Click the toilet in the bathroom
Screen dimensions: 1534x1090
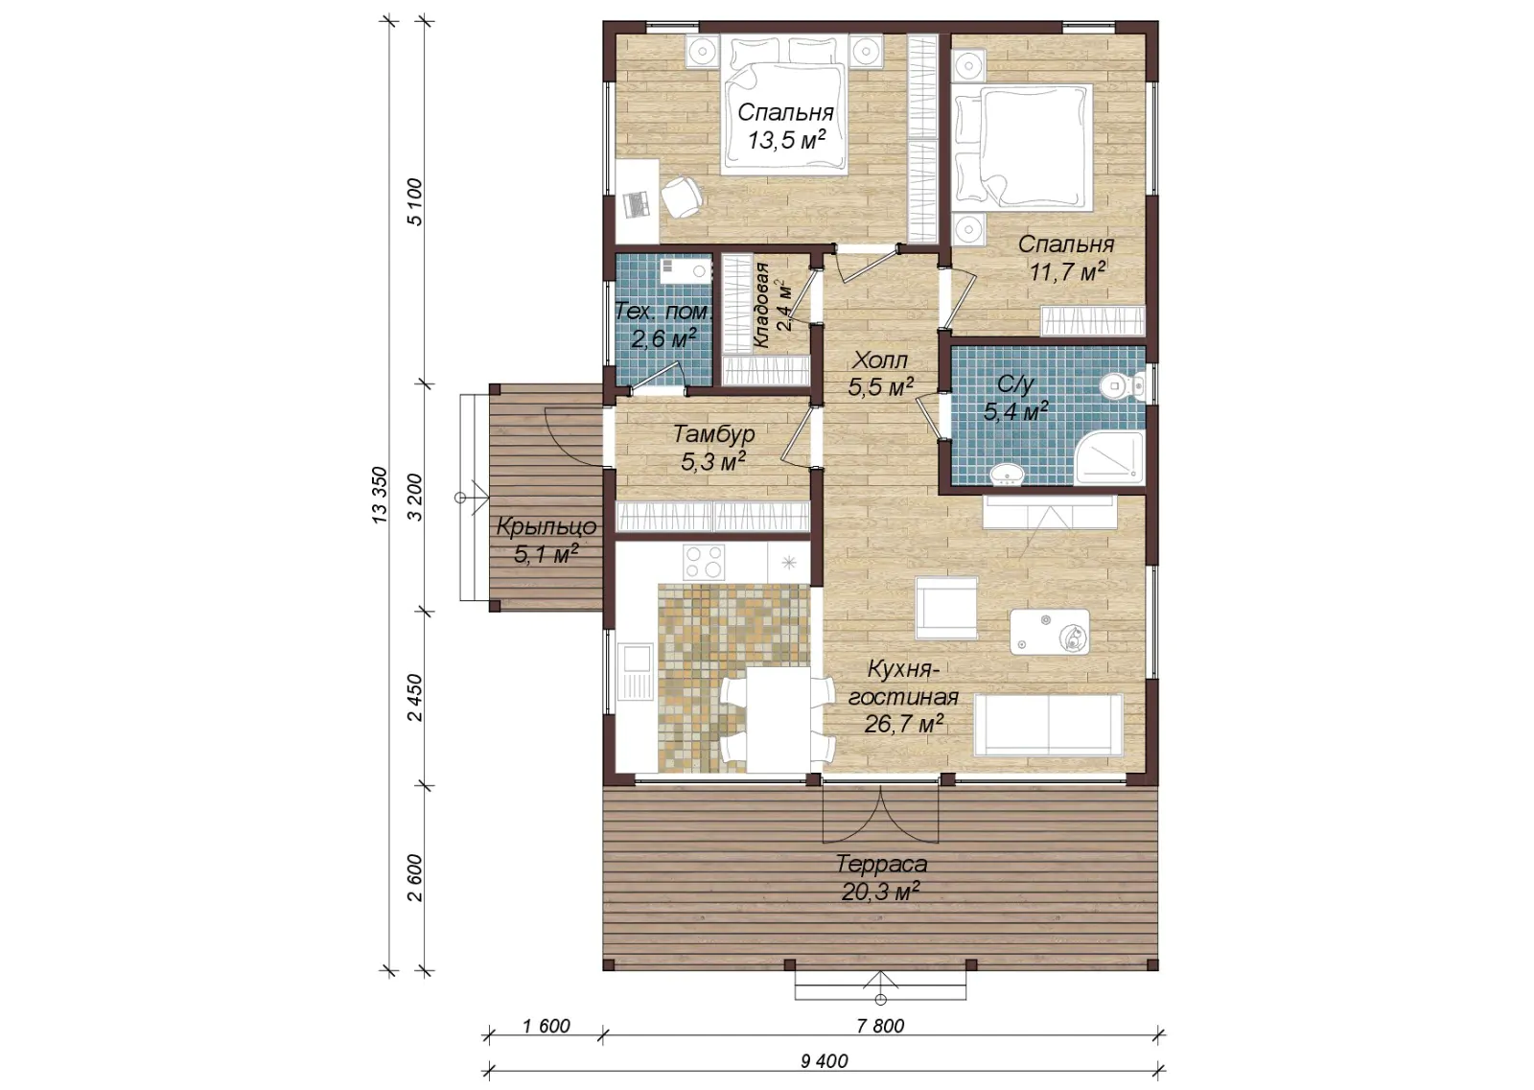click(1122, 386)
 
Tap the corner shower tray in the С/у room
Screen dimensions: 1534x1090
click(1108, 458)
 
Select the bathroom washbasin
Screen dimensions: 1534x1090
click(1008, 475)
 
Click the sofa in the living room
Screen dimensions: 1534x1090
click(1048, 725)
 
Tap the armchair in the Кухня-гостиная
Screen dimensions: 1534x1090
click(945, 608)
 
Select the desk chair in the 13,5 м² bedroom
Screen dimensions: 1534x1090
click(682, 197)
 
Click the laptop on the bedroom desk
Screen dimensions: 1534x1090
click(637, 203)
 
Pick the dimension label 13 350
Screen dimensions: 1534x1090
click(380, 496)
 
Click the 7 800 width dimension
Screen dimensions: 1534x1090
click(880, 1026)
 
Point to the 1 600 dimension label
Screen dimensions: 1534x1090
click(546, 1026)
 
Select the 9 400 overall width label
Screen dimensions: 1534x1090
click(824, 1061)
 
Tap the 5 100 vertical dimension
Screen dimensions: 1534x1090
click(415, 202)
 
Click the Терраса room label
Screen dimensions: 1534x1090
click(881, 864)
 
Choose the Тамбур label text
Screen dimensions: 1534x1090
click(713, 434)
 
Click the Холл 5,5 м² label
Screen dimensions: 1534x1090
click(881, 374)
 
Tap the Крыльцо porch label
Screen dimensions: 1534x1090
click(546, 526)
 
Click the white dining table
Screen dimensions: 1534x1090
click(778, 719)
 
